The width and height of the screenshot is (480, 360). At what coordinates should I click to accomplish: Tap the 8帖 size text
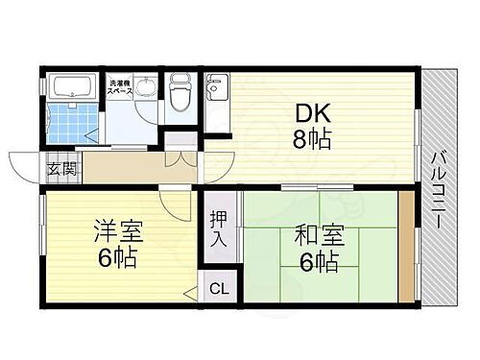(x=313, y=140)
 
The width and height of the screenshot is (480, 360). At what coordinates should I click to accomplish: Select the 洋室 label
(x=114, y=231)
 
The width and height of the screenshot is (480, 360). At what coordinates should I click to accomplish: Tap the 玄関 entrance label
(x=59, y=172)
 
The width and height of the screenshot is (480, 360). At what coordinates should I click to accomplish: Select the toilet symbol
(x=180, y=92)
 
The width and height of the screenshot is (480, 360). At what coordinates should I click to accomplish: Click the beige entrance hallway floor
(x=125, y=165)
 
